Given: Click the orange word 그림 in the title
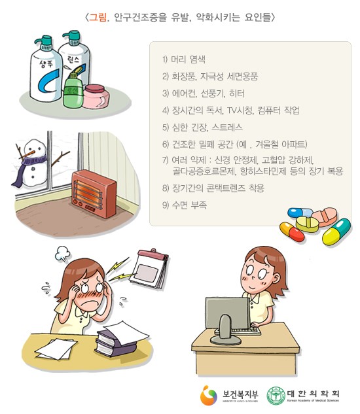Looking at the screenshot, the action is click(98, 17).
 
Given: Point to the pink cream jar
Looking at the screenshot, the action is click(96, 96).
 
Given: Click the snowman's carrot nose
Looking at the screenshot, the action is click(29, 154).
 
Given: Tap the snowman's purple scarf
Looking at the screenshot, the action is click(26, 169).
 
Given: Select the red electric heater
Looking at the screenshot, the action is click(94, 194).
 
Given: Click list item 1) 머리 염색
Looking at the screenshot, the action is click(184, 59).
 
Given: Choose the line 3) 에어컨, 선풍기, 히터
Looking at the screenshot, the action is click(204, 94).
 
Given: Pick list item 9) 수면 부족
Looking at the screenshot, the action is click(185, 205).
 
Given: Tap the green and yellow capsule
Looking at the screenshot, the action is click(336, 232).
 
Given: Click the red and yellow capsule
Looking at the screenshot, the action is click(292, 232).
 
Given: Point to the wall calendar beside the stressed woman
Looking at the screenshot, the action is click(150, 268).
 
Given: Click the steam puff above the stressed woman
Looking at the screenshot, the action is click(63, 253).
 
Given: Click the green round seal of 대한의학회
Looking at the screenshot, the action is click(276, 396).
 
